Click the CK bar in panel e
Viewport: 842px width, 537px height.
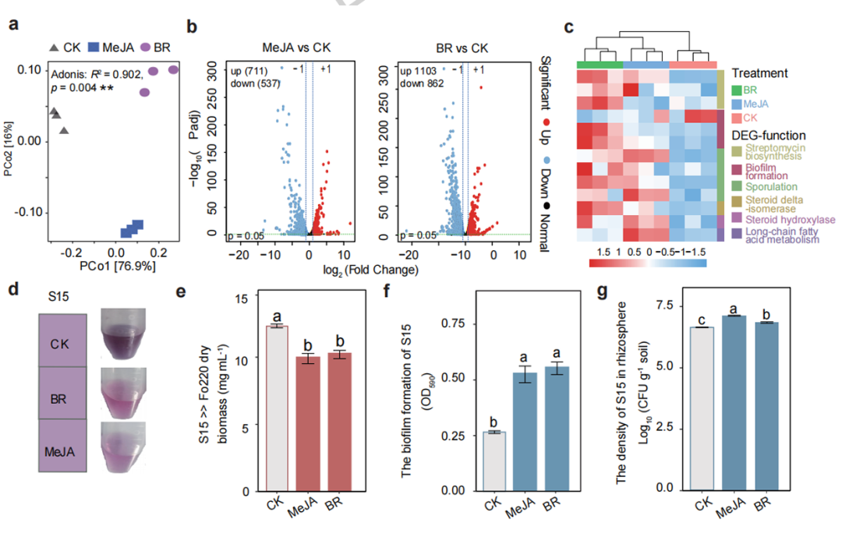tap(277, 408)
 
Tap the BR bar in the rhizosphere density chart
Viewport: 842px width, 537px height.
tap(766, 407)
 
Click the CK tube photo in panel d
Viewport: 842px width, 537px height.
tap(123, 334)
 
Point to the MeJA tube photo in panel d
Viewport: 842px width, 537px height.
tap(124, 447)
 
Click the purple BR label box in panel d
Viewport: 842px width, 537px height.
tap(62, 393)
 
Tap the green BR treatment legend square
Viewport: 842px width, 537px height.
tap(736, 90)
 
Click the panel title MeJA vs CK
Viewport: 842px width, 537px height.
tap(296, 48)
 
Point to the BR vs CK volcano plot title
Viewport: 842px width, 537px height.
tap(462, 48)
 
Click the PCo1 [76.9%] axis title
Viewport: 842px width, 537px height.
tap(117, 266)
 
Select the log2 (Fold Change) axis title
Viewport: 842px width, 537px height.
tap(370, 270)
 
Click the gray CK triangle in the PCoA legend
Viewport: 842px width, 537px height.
tap(54, 48)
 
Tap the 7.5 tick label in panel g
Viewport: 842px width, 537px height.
tap(664, 306)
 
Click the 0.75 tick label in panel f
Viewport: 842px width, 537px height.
tap(453, 323)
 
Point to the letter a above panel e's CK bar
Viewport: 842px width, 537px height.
tap(277, 316)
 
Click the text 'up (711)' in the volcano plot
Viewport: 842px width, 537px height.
tap(249, 71)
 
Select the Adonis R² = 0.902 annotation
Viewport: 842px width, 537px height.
tap(97, 74)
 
